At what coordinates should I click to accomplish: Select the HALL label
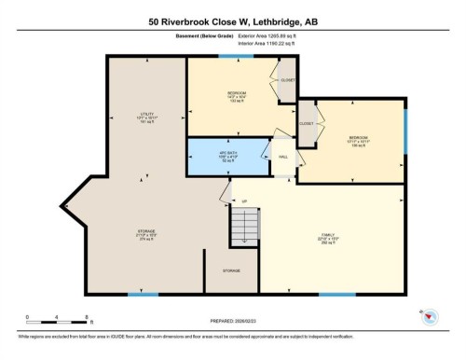[282, 156]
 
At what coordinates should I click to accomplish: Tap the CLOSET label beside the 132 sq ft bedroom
[289, 80]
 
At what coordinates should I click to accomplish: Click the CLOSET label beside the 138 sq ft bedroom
[307, 123]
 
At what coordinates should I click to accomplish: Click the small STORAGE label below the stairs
[231, 270]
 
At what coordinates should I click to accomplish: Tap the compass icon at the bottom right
[432, 318]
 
